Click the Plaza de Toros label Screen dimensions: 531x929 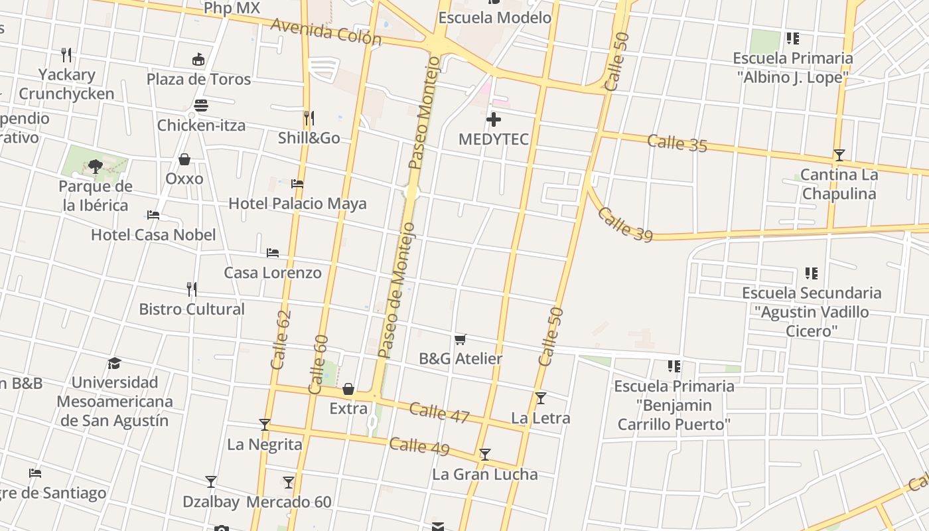tap(198, 79)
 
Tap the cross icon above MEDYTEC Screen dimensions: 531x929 tap(493, 120)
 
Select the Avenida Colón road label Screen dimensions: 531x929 tap(326, 31)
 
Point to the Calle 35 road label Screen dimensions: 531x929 tap(677, 143)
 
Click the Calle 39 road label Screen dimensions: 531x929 tap(624, 224)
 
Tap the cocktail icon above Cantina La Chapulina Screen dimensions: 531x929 tap(839, 155)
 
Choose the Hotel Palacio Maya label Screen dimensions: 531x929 tap(297, 203)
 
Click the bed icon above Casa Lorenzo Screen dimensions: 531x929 tap(272, 253)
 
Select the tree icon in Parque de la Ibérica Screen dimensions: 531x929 tap(96, 166)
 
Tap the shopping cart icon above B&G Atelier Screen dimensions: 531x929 tap(461, 340)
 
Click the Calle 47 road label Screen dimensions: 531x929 tap(439, 413)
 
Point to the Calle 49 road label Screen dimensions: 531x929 tap(419, 446)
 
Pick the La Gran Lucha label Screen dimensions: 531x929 tap(484, 474)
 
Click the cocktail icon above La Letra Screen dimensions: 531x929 tap(541, 398)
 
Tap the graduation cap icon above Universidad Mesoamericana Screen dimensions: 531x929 tap(115, 363)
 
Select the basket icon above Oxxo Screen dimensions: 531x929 tap(184, 159)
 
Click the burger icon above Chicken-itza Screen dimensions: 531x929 tap(201, 106)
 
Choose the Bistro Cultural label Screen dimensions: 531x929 tap(192, 309)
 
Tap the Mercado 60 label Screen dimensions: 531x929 tap(289, 502)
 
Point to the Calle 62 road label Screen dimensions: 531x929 tap(281, 340)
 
